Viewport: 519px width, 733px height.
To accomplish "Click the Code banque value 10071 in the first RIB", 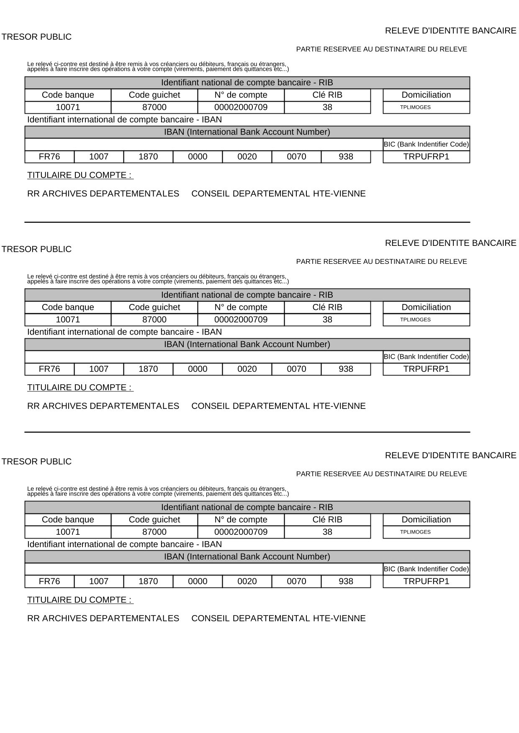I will [x=68, y=107].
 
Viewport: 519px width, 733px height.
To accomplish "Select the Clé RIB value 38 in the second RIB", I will [x=327, y=320].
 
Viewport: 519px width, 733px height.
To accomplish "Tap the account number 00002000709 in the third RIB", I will [x=241, y=532].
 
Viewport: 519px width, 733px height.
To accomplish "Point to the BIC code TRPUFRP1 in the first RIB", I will [x=426, y=157].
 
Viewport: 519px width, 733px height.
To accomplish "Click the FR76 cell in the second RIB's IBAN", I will [x=49, y=369].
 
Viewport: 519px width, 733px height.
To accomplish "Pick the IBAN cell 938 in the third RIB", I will [x=346, y=582].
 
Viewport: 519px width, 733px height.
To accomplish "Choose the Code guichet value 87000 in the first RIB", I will [x=154, y=107].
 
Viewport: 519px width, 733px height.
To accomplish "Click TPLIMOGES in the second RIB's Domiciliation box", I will [x=415, y=320].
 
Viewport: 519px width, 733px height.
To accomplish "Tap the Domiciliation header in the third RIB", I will [x=426, y=520].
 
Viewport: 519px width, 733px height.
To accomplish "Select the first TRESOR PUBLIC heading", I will [x=36, y=37].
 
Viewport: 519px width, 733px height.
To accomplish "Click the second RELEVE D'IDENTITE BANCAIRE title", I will [x=450, y=243].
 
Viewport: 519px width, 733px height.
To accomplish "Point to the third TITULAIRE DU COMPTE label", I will [x=80, y=600].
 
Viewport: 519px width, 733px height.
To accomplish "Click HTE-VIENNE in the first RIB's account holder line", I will [x=339, y=194].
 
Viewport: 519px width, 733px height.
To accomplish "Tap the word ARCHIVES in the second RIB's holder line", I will [x=65, y=406].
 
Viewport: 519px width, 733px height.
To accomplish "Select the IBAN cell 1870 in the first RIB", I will [x=148, y=157].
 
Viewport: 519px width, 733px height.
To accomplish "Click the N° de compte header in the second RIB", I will [x=241, y=307].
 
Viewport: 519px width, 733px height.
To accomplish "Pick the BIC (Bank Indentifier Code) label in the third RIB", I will [x=426, y=569].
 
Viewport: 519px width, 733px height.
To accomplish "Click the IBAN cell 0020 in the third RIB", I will [x=247, y=582].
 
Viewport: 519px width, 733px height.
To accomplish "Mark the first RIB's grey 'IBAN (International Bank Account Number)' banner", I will [x=247, y=132].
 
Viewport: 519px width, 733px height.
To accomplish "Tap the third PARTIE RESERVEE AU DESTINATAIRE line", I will [x=381, y=474].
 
